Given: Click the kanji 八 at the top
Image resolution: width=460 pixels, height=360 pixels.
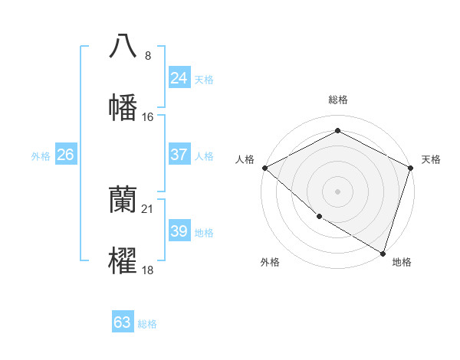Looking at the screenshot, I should pos(123,46).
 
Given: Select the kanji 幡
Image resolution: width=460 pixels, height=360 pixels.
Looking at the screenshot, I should pos(123,107).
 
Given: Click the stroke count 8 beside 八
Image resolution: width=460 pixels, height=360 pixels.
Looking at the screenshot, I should pos(148,55).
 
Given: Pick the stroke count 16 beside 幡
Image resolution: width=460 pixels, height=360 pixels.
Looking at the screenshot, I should pos(148,116).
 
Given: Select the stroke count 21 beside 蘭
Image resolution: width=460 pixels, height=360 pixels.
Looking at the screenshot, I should pos(148,209).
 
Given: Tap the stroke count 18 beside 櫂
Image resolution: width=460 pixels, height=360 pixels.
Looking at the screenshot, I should pos(148,270).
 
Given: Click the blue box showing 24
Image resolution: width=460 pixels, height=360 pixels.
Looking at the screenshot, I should pos(179,78).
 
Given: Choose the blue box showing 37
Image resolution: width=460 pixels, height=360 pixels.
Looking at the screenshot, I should pos(179,155).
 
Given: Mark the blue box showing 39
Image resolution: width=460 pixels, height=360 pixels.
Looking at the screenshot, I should pos(179,231).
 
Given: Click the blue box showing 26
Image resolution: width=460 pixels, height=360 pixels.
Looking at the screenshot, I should pos(65,155).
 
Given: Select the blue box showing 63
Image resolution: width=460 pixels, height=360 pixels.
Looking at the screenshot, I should pos(123,322).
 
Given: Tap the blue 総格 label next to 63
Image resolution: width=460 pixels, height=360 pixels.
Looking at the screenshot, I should pos(147,324).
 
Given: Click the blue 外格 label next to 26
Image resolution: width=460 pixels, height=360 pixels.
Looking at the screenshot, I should pos(41,156).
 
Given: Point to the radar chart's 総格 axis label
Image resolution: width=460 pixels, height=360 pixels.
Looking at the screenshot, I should pos(337,100).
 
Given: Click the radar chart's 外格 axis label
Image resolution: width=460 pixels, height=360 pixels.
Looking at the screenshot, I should pos(270,262).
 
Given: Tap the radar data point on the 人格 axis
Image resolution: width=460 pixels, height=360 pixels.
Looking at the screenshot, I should pos(264,168).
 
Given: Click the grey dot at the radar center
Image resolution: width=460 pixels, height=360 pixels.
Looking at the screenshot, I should pos(337,191).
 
